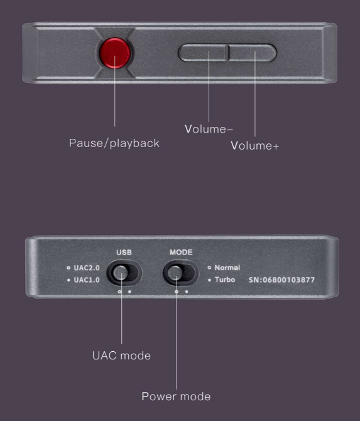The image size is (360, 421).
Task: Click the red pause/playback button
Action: click(x=114, y=53)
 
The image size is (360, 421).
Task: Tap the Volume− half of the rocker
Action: click(x=203, y=53)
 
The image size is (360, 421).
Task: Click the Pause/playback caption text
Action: click(x=114, y=143)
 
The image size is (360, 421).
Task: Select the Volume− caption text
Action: click(x=209, y=129)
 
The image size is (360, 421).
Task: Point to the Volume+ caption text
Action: click(x=255, y=146)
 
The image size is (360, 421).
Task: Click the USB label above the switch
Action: click(x=124, y=253)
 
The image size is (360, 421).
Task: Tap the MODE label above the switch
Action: click(x=181, y=253)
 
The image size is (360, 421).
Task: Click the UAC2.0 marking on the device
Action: click(x=87, y=268)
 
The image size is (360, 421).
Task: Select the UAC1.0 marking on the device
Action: click(x=87, y=280)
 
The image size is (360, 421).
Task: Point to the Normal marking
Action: click(x=227, y=268)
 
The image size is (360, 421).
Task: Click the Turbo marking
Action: click(x=225, y=280)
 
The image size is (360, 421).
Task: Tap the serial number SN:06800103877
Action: click(x=281, y=280)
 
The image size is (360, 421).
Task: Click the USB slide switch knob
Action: click(x=120, y=273)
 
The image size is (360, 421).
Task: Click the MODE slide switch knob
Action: click(x=175, y=273)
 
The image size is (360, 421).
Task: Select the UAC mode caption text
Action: click(x=121, y=356)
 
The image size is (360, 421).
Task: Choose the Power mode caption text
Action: click(x=176, y=396)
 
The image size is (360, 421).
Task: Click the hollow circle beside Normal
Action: click(x=209, y=268)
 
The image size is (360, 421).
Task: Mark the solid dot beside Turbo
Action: click(x=209, y=280)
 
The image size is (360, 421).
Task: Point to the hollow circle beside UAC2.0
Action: click(x=68, y=268)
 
